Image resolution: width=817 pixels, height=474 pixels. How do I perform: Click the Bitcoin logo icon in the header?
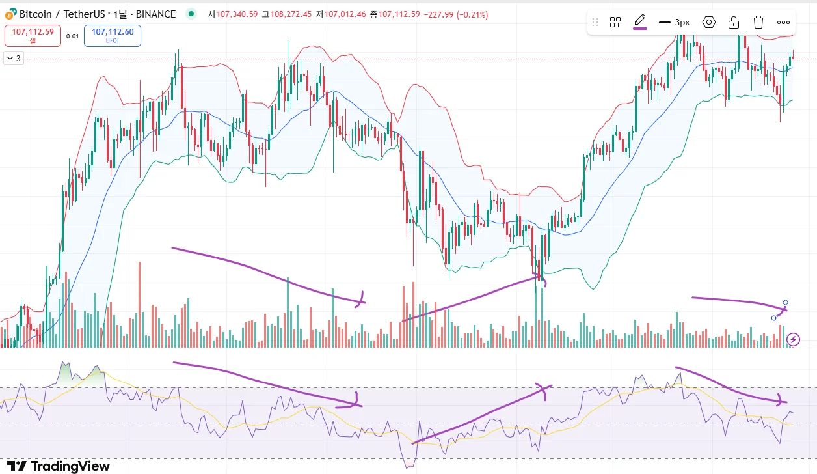point(10,14)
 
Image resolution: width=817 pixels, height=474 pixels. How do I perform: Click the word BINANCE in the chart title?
point(155,14)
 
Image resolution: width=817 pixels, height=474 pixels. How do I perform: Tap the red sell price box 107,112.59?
point(33,35)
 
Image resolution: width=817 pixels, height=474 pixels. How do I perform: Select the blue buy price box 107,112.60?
point(113,35)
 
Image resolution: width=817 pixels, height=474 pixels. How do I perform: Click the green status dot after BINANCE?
point(190,13)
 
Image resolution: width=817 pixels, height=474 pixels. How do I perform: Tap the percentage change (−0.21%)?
point(466,14)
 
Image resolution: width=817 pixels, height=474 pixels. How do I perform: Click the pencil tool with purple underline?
point(640,21)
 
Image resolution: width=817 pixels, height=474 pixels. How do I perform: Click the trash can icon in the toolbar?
point(758,22)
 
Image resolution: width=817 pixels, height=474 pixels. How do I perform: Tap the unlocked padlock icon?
point(734,22)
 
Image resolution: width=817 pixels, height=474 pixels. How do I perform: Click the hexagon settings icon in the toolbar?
point(709,22)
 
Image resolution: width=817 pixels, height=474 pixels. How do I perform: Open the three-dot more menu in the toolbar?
point(783,22)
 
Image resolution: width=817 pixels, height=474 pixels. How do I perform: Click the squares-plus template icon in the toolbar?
point(615,22)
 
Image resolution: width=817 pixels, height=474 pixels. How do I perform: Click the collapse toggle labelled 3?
point(13,58)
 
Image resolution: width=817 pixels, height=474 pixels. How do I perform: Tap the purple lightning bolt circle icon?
point(793,339)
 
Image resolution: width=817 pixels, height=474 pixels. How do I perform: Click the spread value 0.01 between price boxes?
point(72,36)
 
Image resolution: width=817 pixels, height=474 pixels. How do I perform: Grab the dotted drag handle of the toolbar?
point(595,22)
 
